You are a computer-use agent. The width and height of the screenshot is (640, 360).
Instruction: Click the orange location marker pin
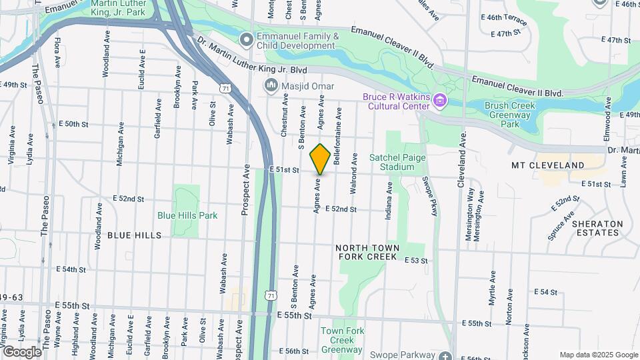click(320, 159)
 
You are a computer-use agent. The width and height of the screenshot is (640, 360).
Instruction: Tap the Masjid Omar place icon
click(271, 86)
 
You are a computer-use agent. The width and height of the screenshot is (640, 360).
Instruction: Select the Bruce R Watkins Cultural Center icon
click(439, 101)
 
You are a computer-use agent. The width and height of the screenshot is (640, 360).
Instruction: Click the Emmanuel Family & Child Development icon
click(246, 41)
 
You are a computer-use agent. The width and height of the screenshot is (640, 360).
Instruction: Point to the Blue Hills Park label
click(187, 215)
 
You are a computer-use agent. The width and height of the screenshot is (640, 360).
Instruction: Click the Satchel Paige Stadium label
click(392, 162)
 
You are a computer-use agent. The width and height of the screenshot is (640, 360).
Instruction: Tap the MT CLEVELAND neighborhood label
click(547, 165)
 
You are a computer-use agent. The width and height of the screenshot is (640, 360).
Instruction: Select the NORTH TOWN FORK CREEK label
click(368, 251)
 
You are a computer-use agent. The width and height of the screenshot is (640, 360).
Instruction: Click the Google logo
click(21, 351)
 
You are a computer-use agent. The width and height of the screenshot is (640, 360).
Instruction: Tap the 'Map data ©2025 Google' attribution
click(598, 355)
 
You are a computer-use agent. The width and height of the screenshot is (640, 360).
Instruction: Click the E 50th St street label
click(73, 124)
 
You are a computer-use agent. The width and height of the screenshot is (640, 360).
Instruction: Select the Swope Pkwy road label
click(428, 197)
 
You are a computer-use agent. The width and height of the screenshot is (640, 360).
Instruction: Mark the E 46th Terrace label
click(503, 19)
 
